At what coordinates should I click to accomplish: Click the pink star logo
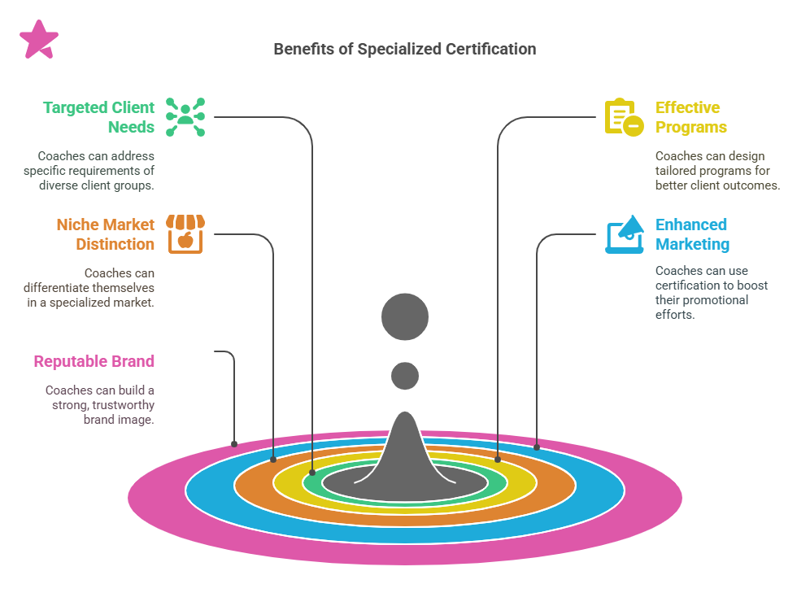[x=38, y=39]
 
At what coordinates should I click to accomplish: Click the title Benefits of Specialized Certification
[x=404, y=49]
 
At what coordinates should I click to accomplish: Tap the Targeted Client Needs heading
[x=98, y=117]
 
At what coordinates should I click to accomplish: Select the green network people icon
[x=185, y=117]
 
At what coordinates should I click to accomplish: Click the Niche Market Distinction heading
[x=105, y=234]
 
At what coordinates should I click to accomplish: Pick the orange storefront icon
[x=185, y=234]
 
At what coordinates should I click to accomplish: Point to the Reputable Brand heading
[x=94, y=361]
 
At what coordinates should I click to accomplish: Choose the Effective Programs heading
[x=690, y=117]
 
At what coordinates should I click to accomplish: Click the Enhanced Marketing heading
[x=692, y=234]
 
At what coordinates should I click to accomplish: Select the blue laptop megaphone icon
[x=624, y=234]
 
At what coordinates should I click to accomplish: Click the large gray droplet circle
[x=404, y=316]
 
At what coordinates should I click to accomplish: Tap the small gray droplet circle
[x=404, y=376]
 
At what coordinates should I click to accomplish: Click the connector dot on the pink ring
[x=234, y=444]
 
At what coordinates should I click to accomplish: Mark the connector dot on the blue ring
[x=537, y=447]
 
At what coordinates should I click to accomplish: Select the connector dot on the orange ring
[x=273, y=459]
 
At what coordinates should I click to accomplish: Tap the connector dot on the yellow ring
[x=497, y=459]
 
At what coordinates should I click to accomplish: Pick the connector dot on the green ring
[x=313, y=472]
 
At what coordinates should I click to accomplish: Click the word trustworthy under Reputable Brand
[x=123, y=405]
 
